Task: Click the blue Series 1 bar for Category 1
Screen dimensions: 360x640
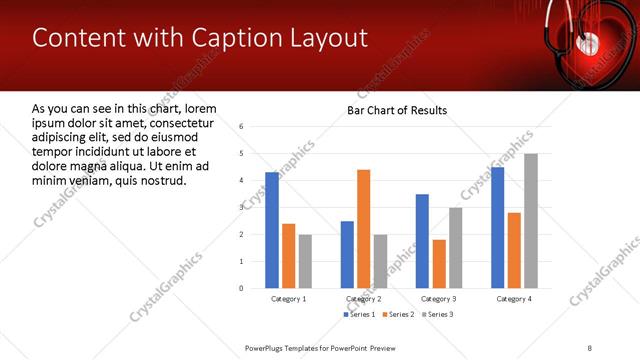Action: pyautogui.click(x=272, y=230)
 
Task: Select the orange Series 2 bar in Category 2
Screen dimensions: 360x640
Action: pyautogui.click(x=363, y=229)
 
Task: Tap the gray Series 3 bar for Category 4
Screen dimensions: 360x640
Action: pyautogui.click(x=531, y=221)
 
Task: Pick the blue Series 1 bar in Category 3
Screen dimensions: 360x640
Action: pyautogui.click(x=422, y=241)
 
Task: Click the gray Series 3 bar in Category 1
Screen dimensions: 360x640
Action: pyautogui.click(x=305, y=261)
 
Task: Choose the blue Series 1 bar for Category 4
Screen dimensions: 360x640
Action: pyautogui.click(x=497, y=228)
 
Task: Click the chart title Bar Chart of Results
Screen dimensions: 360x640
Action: pyautogui.click(x=397, y=110)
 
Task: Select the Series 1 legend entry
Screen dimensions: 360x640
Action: pyautogui.click(x=358, y=314)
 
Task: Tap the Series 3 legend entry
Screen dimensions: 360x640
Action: pyautogui.click(x=437, y=314)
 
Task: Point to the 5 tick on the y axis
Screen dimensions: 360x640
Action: pyautogui.click(x=241, y=153)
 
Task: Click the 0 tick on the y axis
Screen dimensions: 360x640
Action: pyautogui.click(x=241, y=288)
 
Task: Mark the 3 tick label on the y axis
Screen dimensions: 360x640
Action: pyautogui.click(x=241, y=207)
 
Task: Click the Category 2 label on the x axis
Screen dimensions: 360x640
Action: pyautogui.click(x=363, y=299)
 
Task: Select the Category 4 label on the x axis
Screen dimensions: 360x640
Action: pyautogui.click(x=514, y=299)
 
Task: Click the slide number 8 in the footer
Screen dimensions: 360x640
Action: pyautogui.click(x=590, y=347)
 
